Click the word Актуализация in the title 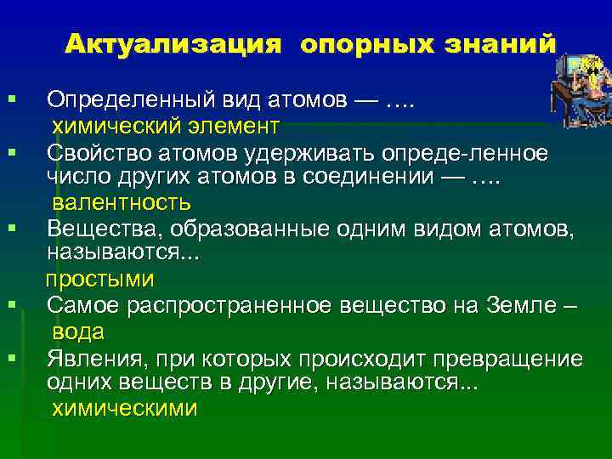point(173,43)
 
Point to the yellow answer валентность point(122,203)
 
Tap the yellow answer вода point(78,331)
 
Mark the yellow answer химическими point(124,407)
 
